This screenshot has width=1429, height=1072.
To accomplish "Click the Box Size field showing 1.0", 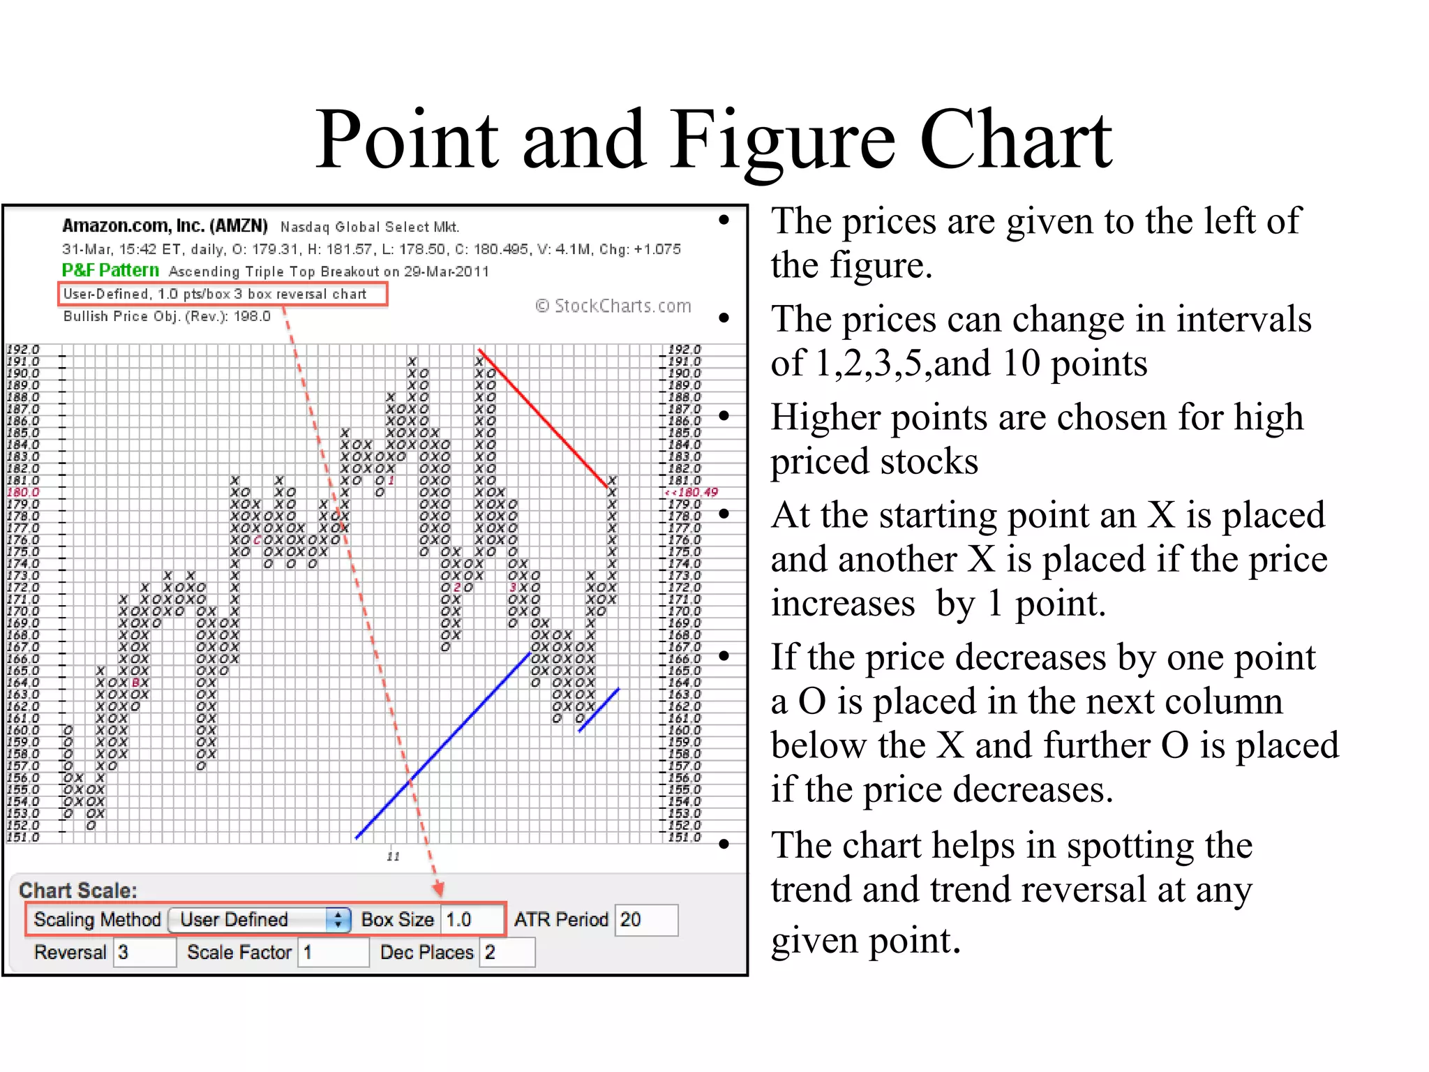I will click(x=470, y=920).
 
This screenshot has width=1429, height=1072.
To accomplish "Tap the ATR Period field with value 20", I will click(x=646, y=920).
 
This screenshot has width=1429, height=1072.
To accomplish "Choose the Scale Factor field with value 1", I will click(x=334, y=953).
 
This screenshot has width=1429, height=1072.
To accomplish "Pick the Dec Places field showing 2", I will click(x=507, y=953).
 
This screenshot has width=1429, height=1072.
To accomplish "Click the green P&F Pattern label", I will click(x=110, y=270).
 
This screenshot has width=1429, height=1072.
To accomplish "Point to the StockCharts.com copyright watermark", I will click(x=613, y=306).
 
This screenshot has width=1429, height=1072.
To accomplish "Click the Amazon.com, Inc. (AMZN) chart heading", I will click(x=165, y=226).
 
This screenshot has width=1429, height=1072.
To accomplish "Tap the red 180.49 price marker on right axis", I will click(x=694, y=492).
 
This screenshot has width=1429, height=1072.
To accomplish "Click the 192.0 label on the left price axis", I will click(x=23, y=349).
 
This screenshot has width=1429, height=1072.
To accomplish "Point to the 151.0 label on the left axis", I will click(x=23, y=837).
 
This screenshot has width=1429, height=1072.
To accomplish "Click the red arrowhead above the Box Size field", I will click(x=438, y=888).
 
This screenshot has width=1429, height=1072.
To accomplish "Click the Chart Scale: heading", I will click(x=78, y=891).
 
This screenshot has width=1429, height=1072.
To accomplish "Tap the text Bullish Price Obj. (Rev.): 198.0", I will click(x=167, y=316).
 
